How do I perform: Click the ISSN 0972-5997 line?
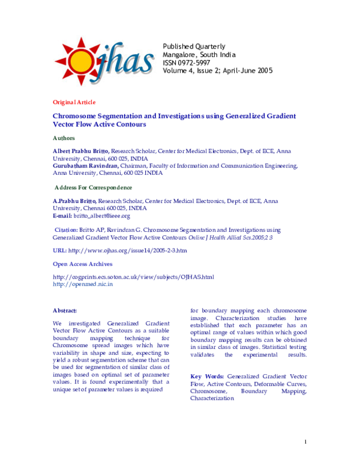(x=187, y=62)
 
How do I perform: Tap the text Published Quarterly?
(x=194, y=46)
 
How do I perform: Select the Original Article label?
(x=74, y=102)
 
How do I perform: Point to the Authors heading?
(x=64, y=139)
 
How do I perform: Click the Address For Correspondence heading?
(x=93, y=188)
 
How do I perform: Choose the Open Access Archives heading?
(x=82, y=264)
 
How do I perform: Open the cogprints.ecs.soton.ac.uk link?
(x=133, y=277)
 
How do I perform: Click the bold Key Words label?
(x=208, y=375)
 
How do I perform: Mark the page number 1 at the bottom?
(x=306, y=443)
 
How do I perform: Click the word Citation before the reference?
(x=65, y=229)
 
